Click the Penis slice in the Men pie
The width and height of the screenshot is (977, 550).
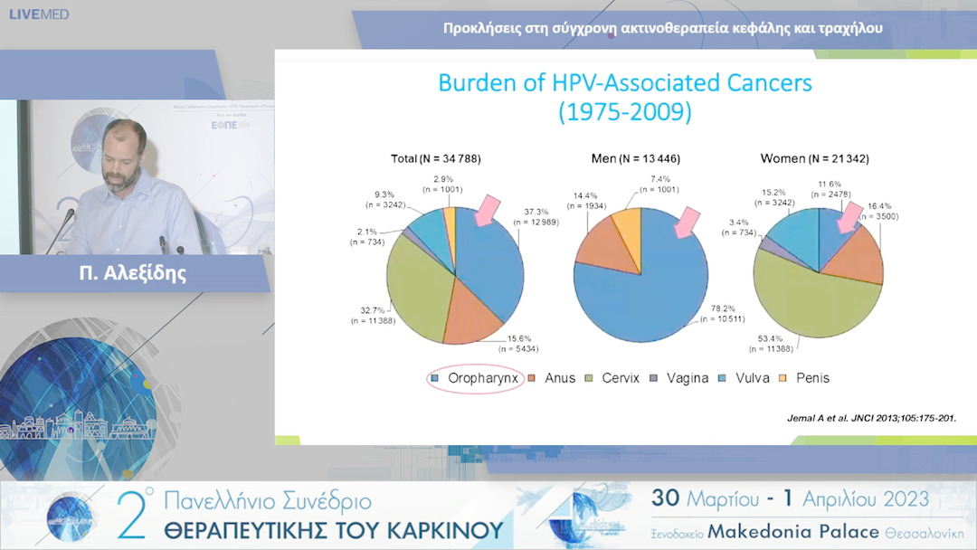point(626,226)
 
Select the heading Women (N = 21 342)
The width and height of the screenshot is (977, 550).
point(814,158)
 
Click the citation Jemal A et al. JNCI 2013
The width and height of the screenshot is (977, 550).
point(868,418)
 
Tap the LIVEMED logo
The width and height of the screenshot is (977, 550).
point(39,14)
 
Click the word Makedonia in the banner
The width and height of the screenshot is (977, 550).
point(764,530)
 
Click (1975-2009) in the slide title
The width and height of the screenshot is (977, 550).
point(624,112)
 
